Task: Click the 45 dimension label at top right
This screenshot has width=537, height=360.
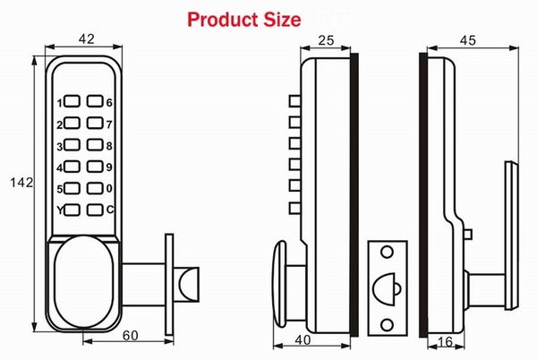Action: click(467, 39)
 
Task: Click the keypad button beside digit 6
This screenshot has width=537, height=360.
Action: click(93, 103)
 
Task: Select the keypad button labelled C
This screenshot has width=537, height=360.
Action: click(93, 210)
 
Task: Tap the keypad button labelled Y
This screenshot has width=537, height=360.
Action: click(73, 210)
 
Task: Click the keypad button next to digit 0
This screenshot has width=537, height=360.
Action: click(93, 189)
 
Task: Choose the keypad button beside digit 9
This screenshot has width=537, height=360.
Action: click(93, 167)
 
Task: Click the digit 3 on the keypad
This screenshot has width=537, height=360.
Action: click(61, 146)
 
